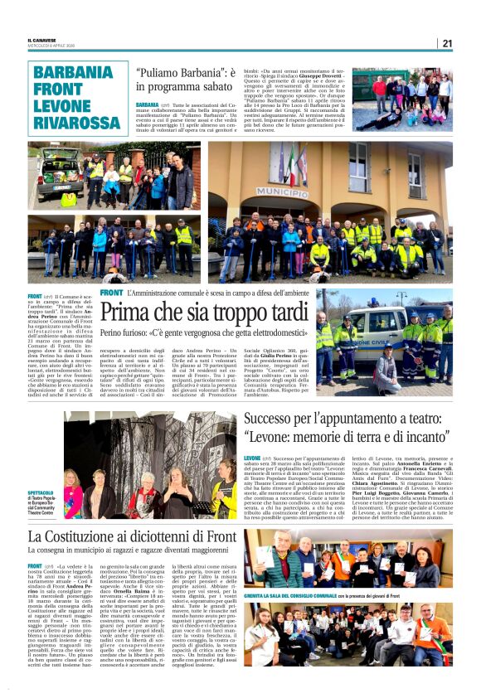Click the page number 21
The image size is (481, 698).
[x=447, y=43]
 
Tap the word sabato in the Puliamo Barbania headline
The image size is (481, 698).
[x=211, y=87]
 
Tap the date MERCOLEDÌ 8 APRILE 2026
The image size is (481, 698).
[x=51, y=46]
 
